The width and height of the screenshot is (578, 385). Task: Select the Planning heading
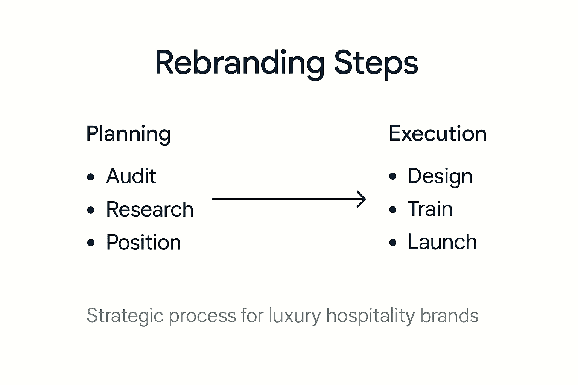128,134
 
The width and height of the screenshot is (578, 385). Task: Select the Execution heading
437,134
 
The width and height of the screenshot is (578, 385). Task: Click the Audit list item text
131,176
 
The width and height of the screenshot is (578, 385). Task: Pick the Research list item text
149,209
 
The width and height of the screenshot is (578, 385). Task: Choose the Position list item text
143,243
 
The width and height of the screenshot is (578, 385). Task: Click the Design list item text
440,176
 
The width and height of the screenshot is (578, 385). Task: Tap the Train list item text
430,209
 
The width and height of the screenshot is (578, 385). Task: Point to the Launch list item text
442,242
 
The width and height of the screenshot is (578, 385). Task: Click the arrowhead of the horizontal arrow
362,199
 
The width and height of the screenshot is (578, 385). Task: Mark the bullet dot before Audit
91,177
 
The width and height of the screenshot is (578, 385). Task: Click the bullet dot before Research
91,210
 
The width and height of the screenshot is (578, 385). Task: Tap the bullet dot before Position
91,243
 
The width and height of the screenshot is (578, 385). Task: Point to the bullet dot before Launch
393,243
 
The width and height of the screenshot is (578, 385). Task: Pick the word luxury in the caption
294,316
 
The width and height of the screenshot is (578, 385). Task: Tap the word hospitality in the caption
370,316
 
